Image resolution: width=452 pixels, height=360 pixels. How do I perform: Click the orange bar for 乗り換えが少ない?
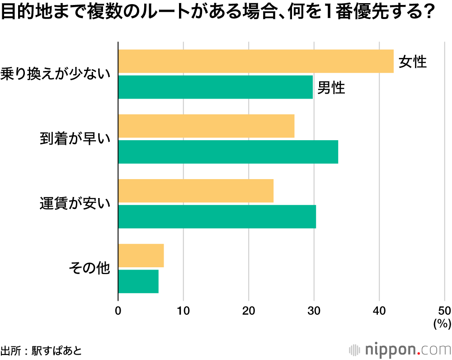[x=255, y=61]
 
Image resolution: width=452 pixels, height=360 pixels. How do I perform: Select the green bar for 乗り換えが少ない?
[x=215, y=87]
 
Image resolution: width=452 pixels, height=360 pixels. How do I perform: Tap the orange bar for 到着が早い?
[x=206, y=126]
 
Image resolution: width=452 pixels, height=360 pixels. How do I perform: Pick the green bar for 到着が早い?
[x=228, y=152]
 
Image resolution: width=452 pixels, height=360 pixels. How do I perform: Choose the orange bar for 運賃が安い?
[x=196, y=191]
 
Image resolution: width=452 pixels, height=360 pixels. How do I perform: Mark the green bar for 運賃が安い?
[x=217, y=217]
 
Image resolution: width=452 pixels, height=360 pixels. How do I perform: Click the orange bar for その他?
[x=141, y=256]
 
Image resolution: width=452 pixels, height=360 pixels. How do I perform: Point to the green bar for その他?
[x=138, y=281]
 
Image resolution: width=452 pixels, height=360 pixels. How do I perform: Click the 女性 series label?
[x=413, y=62]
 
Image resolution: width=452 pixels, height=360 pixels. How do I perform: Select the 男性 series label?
[x=331, y=88]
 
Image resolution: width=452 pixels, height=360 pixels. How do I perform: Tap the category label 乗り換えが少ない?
[x=56, y=74]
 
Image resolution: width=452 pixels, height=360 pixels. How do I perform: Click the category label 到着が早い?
[x=75, y=139]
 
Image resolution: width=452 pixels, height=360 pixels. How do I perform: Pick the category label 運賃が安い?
[x=75, y=204]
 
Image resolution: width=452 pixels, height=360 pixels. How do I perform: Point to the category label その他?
[x=89, y=269]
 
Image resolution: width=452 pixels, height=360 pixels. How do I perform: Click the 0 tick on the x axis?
[x=118, y=311]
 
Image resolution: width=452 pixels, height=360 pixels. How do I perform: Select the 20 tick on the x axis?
[x=249, y=311]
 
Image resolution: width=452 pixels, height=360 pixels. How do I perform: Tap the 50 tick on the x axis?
[x=444, y=311]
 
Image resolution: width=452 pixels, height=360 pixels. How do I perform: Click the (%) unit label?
[x=442, y=323]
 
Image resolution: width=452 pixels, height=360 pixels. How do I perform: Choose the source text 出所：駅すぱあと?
[x=41, y=351]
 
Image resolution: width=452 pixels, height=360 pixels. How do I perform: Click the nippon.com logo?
[x=400, y=350]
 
